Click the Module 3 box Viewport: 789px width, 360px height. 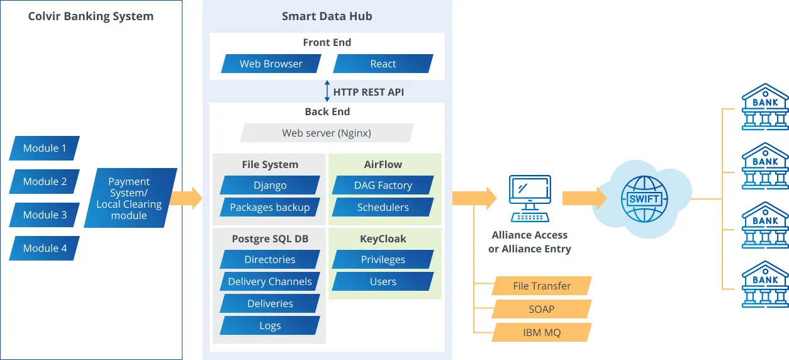pos(44,215)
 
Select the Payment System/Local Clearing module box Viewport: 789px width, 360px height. pos(130,198)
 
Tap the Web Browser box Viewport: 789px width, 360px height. pos(271,64)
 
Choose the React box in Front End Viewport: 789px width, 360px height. pos(383,64)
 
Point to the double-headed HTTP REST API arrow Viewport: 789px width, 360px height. pos(327,91)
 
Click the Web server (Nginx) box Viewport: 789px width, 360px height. pos(327,133)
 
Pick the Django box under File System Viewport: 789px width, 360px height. pos(270,185)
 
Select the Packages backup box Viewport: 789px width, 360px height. pos(270,207)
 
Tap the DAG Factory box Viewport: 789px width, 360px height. pos(383,185)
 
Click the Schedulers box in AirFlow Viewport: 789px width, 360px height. pos(383,207)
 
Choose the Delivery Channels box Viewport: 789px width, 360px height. pos(270,281)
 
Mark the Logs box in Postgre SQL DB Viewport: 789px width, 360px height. pos(270,325)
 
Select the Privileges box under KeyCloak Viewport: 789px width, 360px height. pos(383,259)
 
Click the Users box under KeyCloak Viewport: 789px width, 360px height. pos(383,281)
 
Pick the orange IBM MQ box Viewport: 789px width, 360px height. pos(542,332)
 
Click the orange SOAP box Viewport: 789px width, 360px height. pos(542,309)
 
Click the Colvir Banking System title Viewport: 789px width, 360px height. pos(91,16)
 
